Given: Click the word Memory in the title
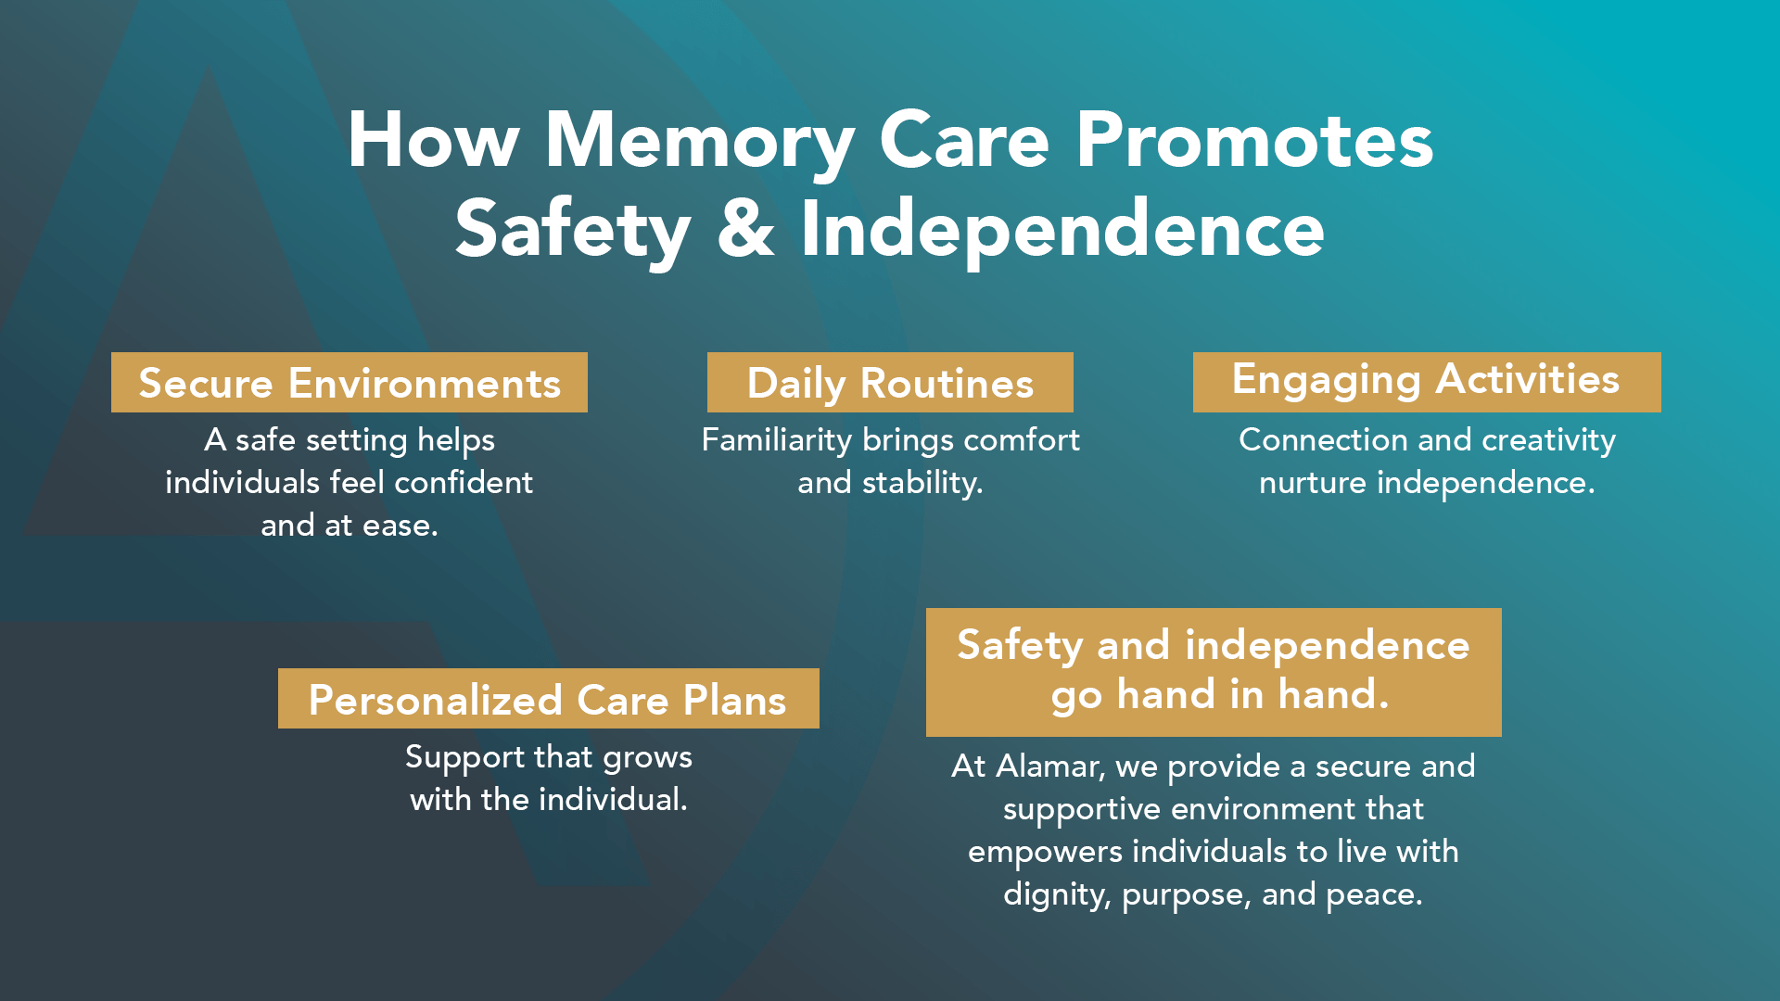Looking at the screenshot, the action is pyautogui.click(x=699, y=142).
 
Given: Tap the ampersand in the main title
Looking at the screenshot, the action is pyautogui.click(x=745, y=228).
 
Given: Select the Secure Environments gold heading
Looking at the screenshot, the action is pyautogui.click(x=350, y=382).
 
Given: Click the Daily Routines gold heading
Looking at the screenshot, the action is pyautogui.click(x=890, y=382).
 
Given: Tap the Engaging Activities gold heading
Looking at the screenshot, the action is pyautogui.click(x=1427, y=382).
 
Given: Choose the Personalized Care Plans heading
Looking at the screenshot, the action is pyautogui.click(x=549, y=698).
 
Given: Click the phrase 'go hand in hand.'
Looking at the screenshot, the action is pyautogui.click(x=1220, y=695).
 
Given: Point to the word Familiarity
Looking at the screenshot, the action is pyautogui.click(x=776, y=440).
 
